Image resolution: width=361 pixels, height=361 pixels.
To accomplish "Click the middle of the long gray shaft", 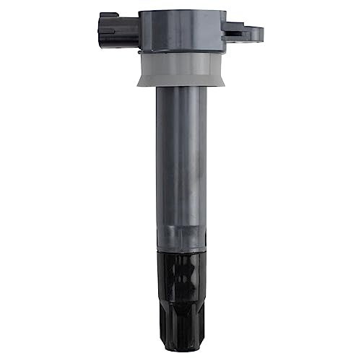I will [x=180, y=166].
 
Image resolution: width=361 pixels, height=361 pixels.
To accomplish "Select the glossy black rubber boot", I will [x=180, y=289].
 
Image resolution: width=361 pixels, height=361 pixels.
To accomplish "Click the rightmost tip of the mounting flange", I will [x=261, y=32].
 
